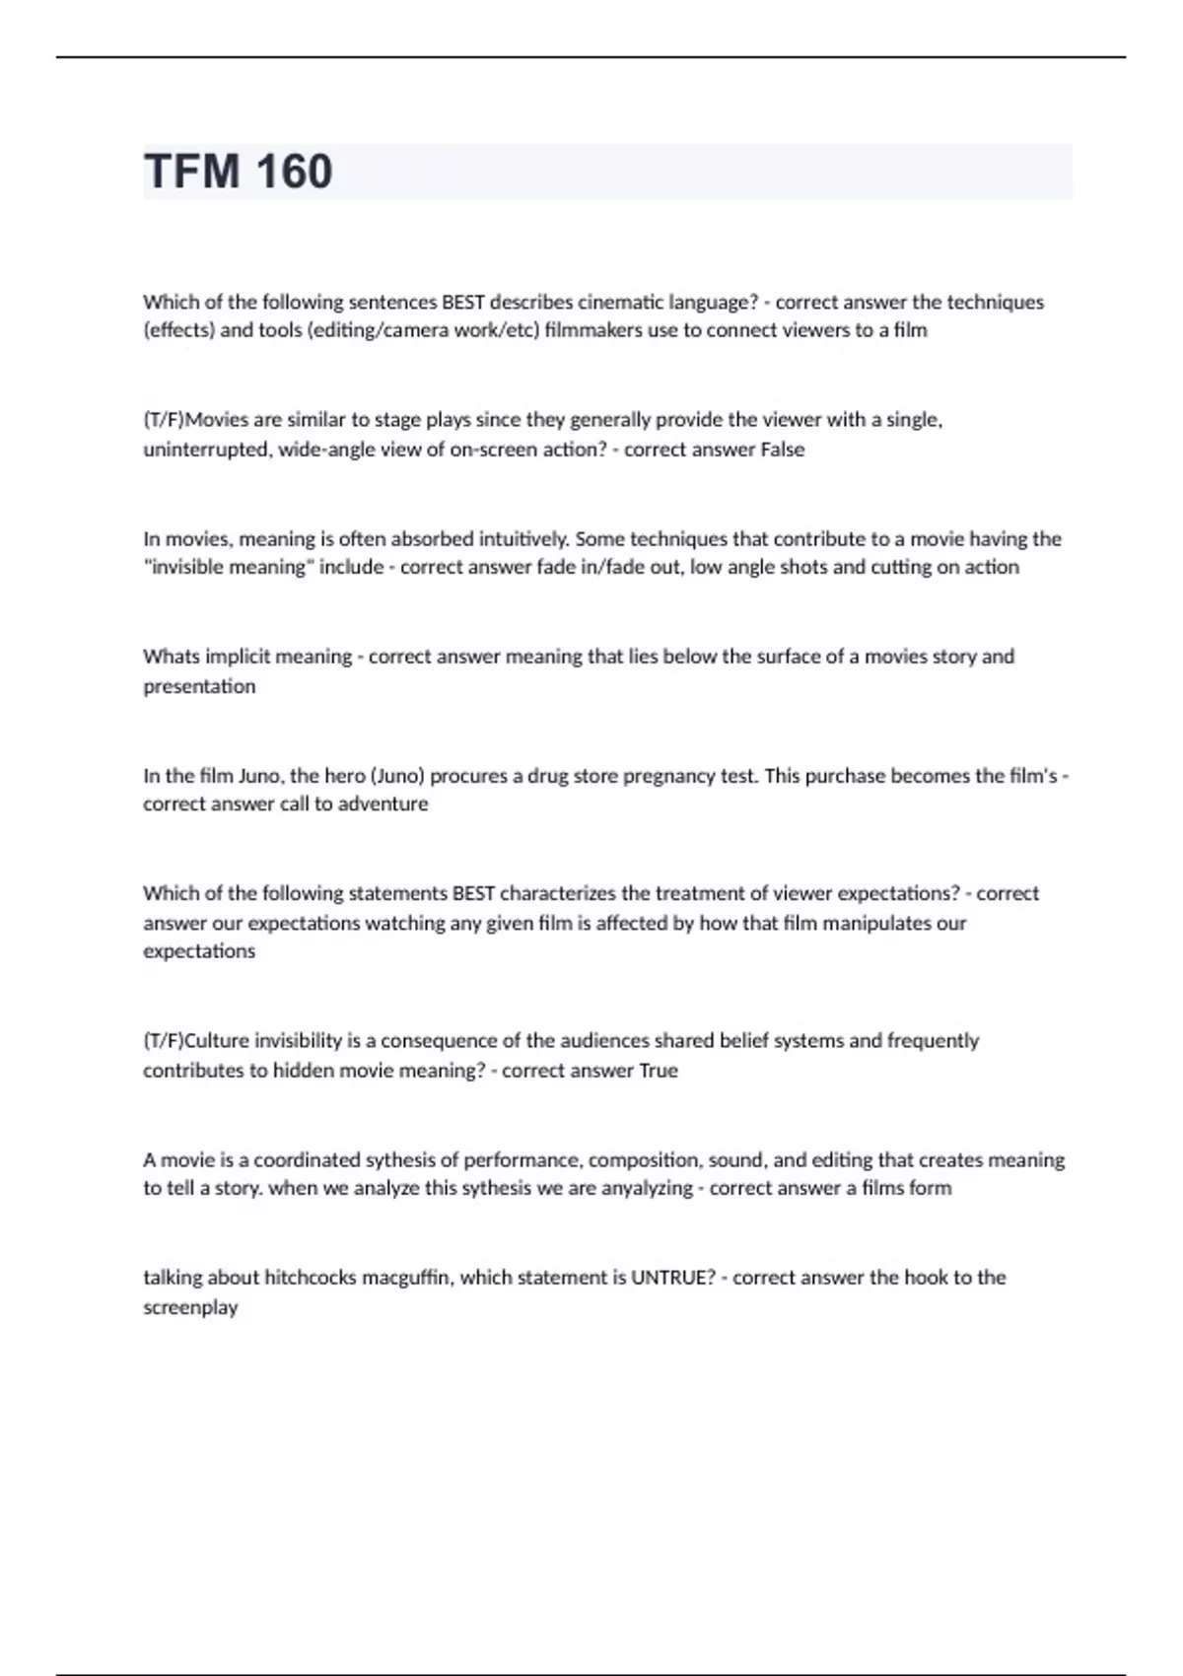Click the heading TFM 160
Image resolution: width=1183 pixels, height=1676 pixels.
[x=238, y=172]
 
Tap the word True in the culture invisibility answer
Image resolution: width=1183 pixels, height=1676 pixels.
[x=659, y=1071]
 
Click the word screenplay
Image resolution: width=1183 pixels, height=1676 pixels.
[x=190, y=1307]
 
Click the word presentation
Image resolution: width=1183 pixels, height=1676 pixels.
[x=199, y=686]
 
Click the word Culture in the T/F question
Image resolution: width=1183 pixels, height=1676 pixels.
[x=217, y=1041]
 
